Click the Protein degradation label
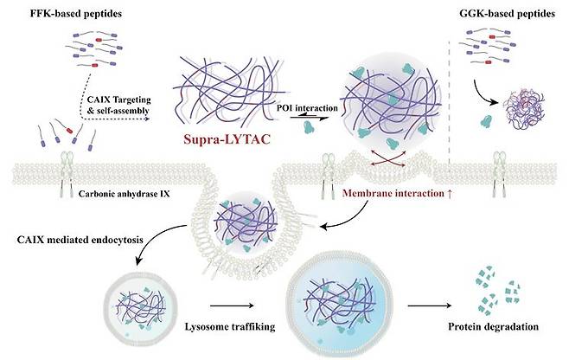click(x=494, y=327)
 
